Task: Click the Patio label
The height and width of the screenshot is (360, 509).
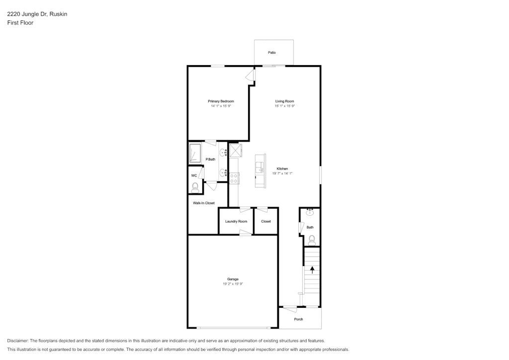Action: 272,53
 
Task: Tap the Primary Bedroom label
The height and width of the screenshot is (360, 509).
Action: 221,101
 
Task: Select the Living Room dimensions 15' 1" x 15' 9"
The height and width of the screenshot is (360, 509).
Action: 285,106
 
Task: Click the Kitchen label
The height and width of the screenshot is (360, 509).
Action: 282,169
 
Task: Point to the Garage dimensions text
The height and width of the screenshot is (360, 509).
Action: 233,284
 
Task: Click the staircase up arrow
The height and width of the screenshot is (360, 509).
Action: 312,270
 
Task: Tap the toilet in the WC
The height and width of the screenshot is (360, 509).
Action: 195,187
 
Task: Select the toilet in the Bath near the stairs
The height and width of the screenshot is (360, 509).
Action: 312,241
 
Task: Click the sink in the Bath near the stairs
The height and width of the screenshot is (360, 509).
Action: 310,213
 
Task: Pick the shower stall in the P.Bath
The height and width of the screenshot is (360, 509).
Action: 195,153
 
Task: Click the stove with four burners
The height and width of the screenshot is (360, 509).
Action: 234,179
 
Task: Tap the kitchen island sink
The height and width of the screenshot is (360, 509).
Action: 259,168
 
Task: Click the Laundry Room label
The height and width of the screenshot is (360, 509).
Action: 236,221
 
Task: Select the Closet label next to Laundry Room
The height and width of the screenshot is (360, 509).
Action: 266,221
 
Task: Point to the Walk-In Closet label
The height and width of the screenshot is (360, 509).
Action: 204,203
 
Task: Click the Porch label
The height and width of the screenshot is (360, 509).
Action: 298,319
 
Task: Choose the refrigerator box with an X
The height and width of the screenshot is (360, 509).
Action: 235,150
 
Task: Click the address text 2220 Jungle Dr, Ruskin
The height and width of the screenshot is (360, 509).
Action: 37,14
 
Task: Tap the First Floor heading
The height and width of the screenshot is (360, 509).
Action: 20,23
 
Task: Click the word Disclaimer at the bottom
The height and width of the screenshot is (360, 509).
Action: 18,341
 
